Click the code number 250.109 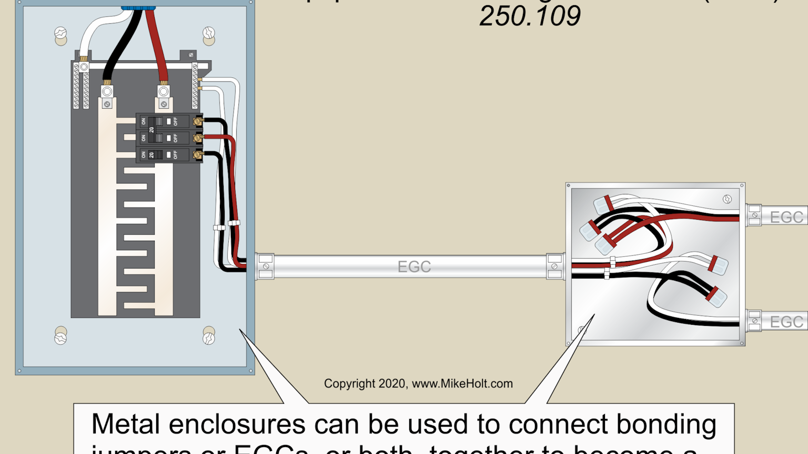pyautogui.click(x=530, y=16)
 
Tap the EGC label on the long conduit pyautogui.click(x=414, y=267)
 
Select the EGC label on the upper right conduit pyautogui.click(x=786, y=217)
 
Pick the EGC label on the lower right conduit pyautogui.click(x=786, y=322)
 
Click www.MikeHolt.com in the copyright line pyautogui.click(x=462, y=384)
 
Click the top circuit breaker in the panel pyautogui.click(x=168, y=121)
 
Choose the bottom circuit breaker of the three pyautogui.click(x=168, y=154)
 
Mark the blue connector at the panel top pyautogui.click(x=138, y=8)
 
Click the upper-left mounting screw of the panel pyautogui.click(x=60, y=34)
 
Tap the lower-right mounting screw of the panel pyautogui.click(x=209, y=336)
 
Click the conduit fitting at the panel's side pyautogui.click(x=265, y=266)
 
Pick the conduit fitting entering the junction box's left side pyautogui.click(x=554, y=266)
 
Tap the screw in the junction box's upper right pyautogui.click(x=727, y=199)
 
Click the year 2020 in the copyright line pyautogui.click(x=392, y=384)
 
